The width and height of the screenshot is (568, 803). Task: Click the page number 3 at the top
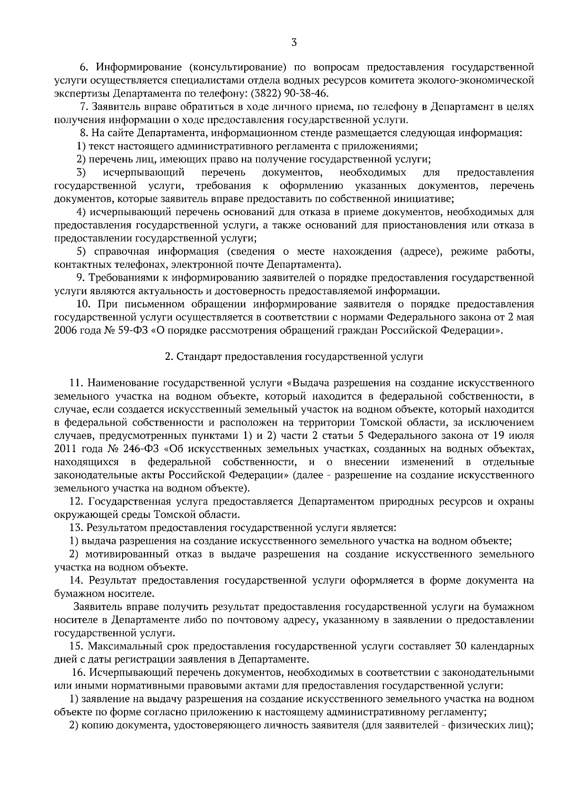point(294,43)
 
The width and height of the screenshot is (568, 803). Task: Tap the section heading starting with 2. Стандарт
point(293,357)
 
